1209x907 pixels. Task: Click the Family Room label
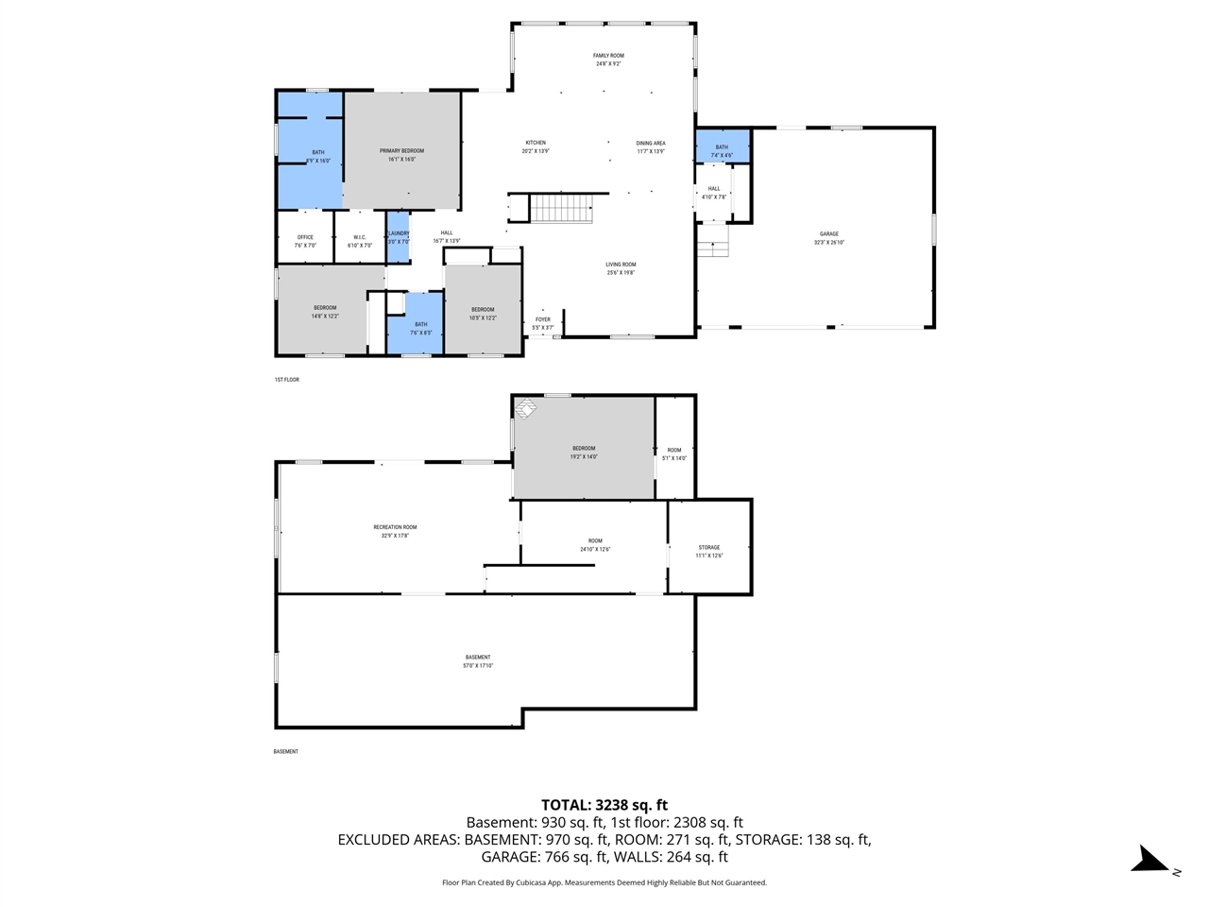tap(608, 56)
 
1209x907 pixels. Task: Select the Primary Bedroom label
tap(401, 151)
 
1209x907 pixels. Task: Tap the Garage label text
tap(828, 234)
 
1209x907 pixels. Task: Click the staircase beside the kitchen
tap(560, 208)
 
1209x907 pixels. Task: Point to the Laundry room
tap(398, 237)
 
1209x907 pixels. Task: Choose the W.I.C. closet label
tap(359, 237)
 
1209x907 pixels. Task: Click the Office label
tap(305, 237)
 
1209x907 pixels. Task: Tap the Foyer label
tap(543, 319)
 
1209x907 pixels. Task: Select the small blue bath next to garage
tap(723, 147)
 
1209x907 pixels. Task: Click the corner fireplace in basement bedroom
tap(525, 408)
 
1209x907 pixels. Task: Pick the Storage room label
tap(709, 547)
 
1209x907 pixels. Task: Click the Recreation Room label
tap(395, 527)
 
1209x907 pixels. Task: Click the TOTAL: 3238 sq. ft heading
tap(604, 805)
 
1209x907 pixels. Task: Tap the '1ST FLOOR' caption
tap(286, 380)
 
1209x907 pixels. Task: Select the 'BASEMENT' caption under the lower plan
tap(285, 752)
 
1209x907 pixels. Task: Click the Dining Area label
tap(651, 144)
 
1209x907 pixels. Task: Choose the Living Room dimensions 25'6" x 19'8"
tap(621, 273)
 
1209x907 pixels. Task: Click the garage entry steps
tap(714, 248)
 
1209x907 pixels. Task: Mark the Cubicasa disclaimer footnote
tap(604, 882)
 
